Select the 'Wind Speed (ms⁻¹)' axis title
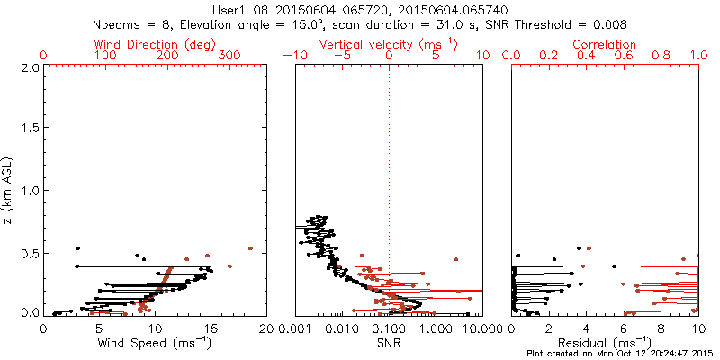click(155, 342)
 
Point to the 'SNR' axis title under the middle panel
click(389, 342)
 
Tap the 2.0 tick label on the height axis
click(29, 67)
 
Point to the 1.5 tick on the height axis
click(29, 130)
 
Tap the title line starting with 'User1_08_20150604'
click(359, 9)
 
